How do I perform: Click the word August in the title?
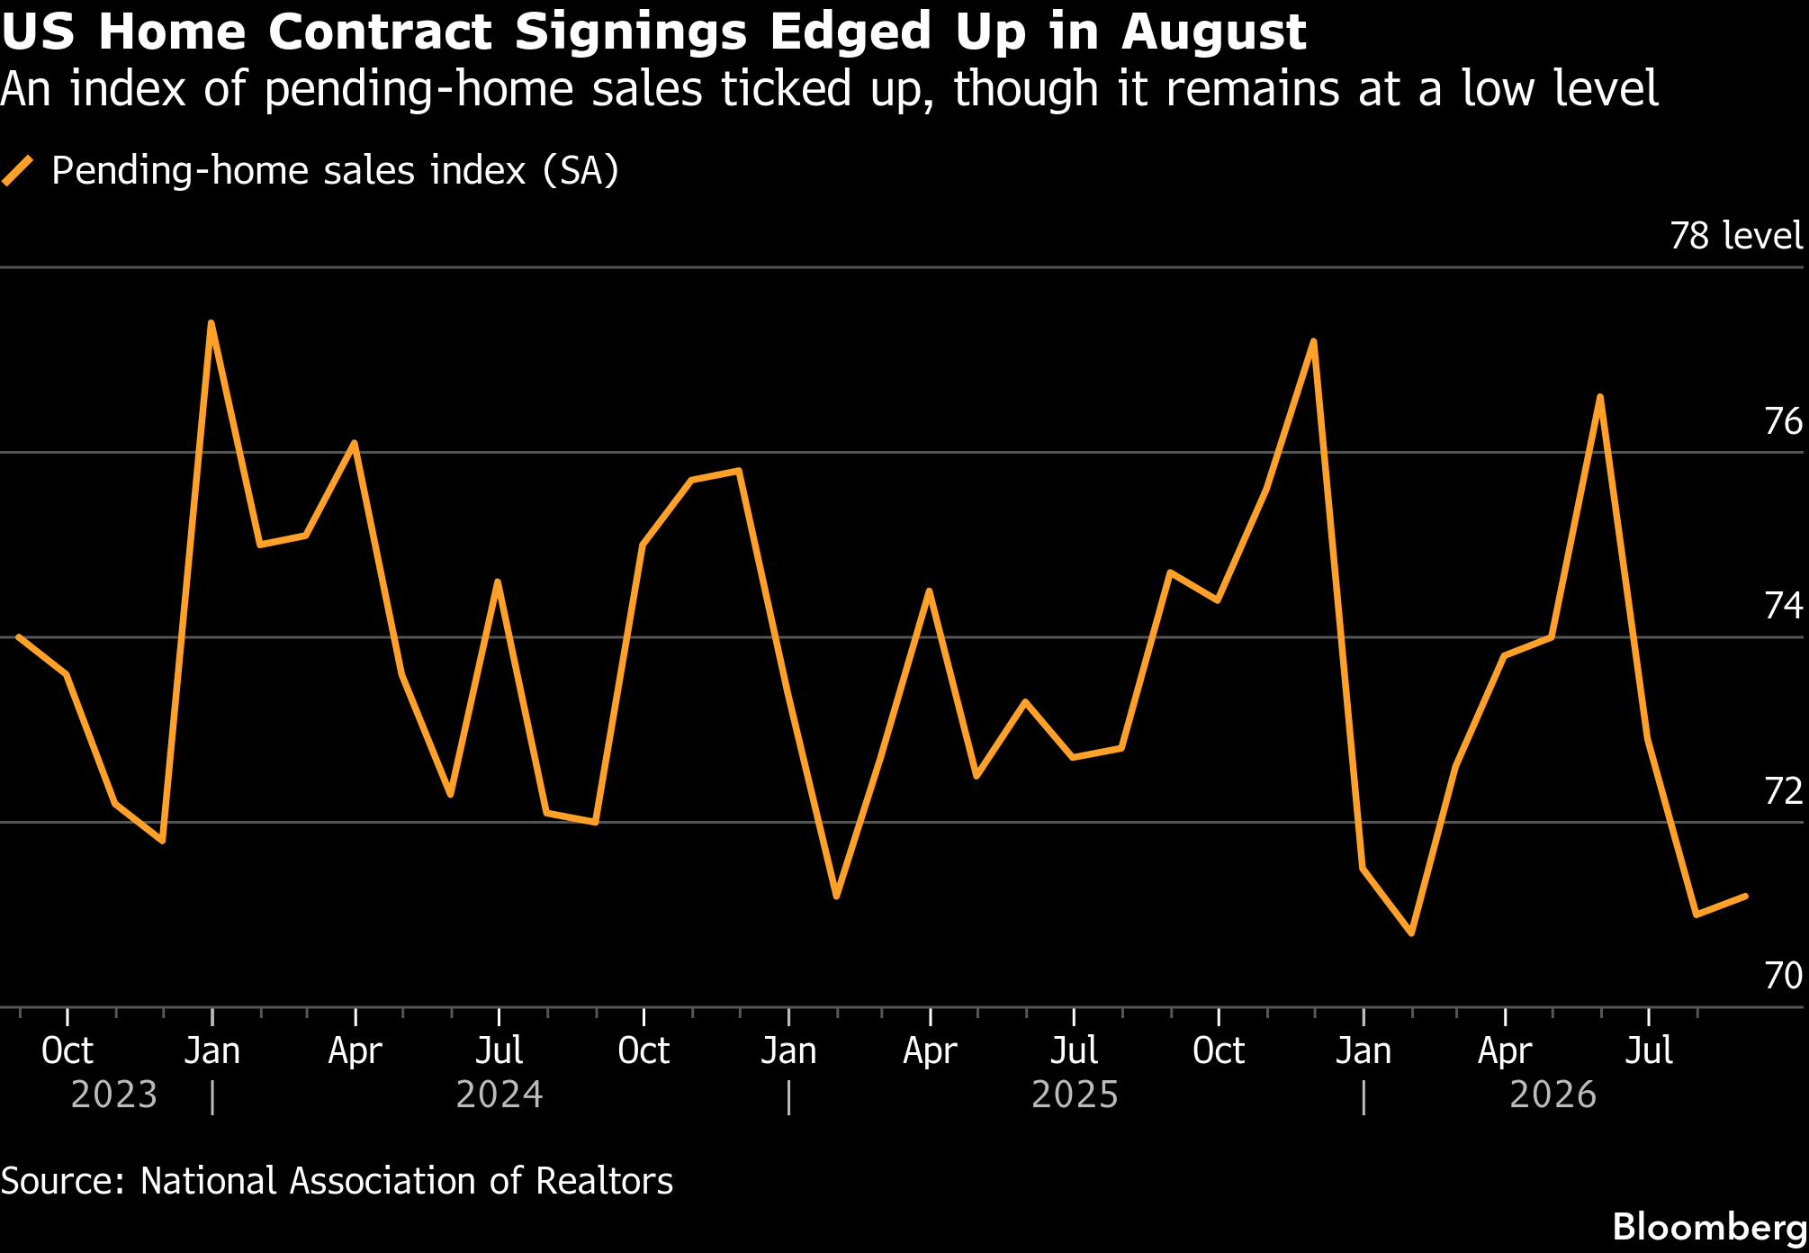tap(1213, 32)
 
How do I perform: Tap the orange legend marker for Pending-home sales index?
tap(18, 170)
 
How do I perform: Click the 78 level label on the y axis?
tap(1736, 236)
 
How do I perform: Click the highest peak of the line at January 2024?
tap(211, 322)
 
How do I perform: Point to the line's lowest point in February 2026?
tap(1411, 933)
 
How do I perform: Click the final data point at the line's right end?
tap(1745, 897)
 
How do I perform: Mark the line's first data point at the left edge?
tap(18, 636)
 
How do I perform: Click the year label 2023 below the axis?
tap(114, 1095)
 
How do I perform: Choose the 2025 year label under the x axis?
tap(1075, 1095)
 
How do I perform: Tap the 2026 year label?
tap(1552, 1095)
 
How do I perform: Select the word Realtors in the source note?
tap(604, 1181)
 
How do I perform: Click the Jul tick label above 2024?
tap(499, 1050)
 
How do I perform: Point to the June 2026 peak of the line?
tap(1600, 397)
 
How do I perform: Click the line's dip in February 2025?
tap(836, 897)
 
